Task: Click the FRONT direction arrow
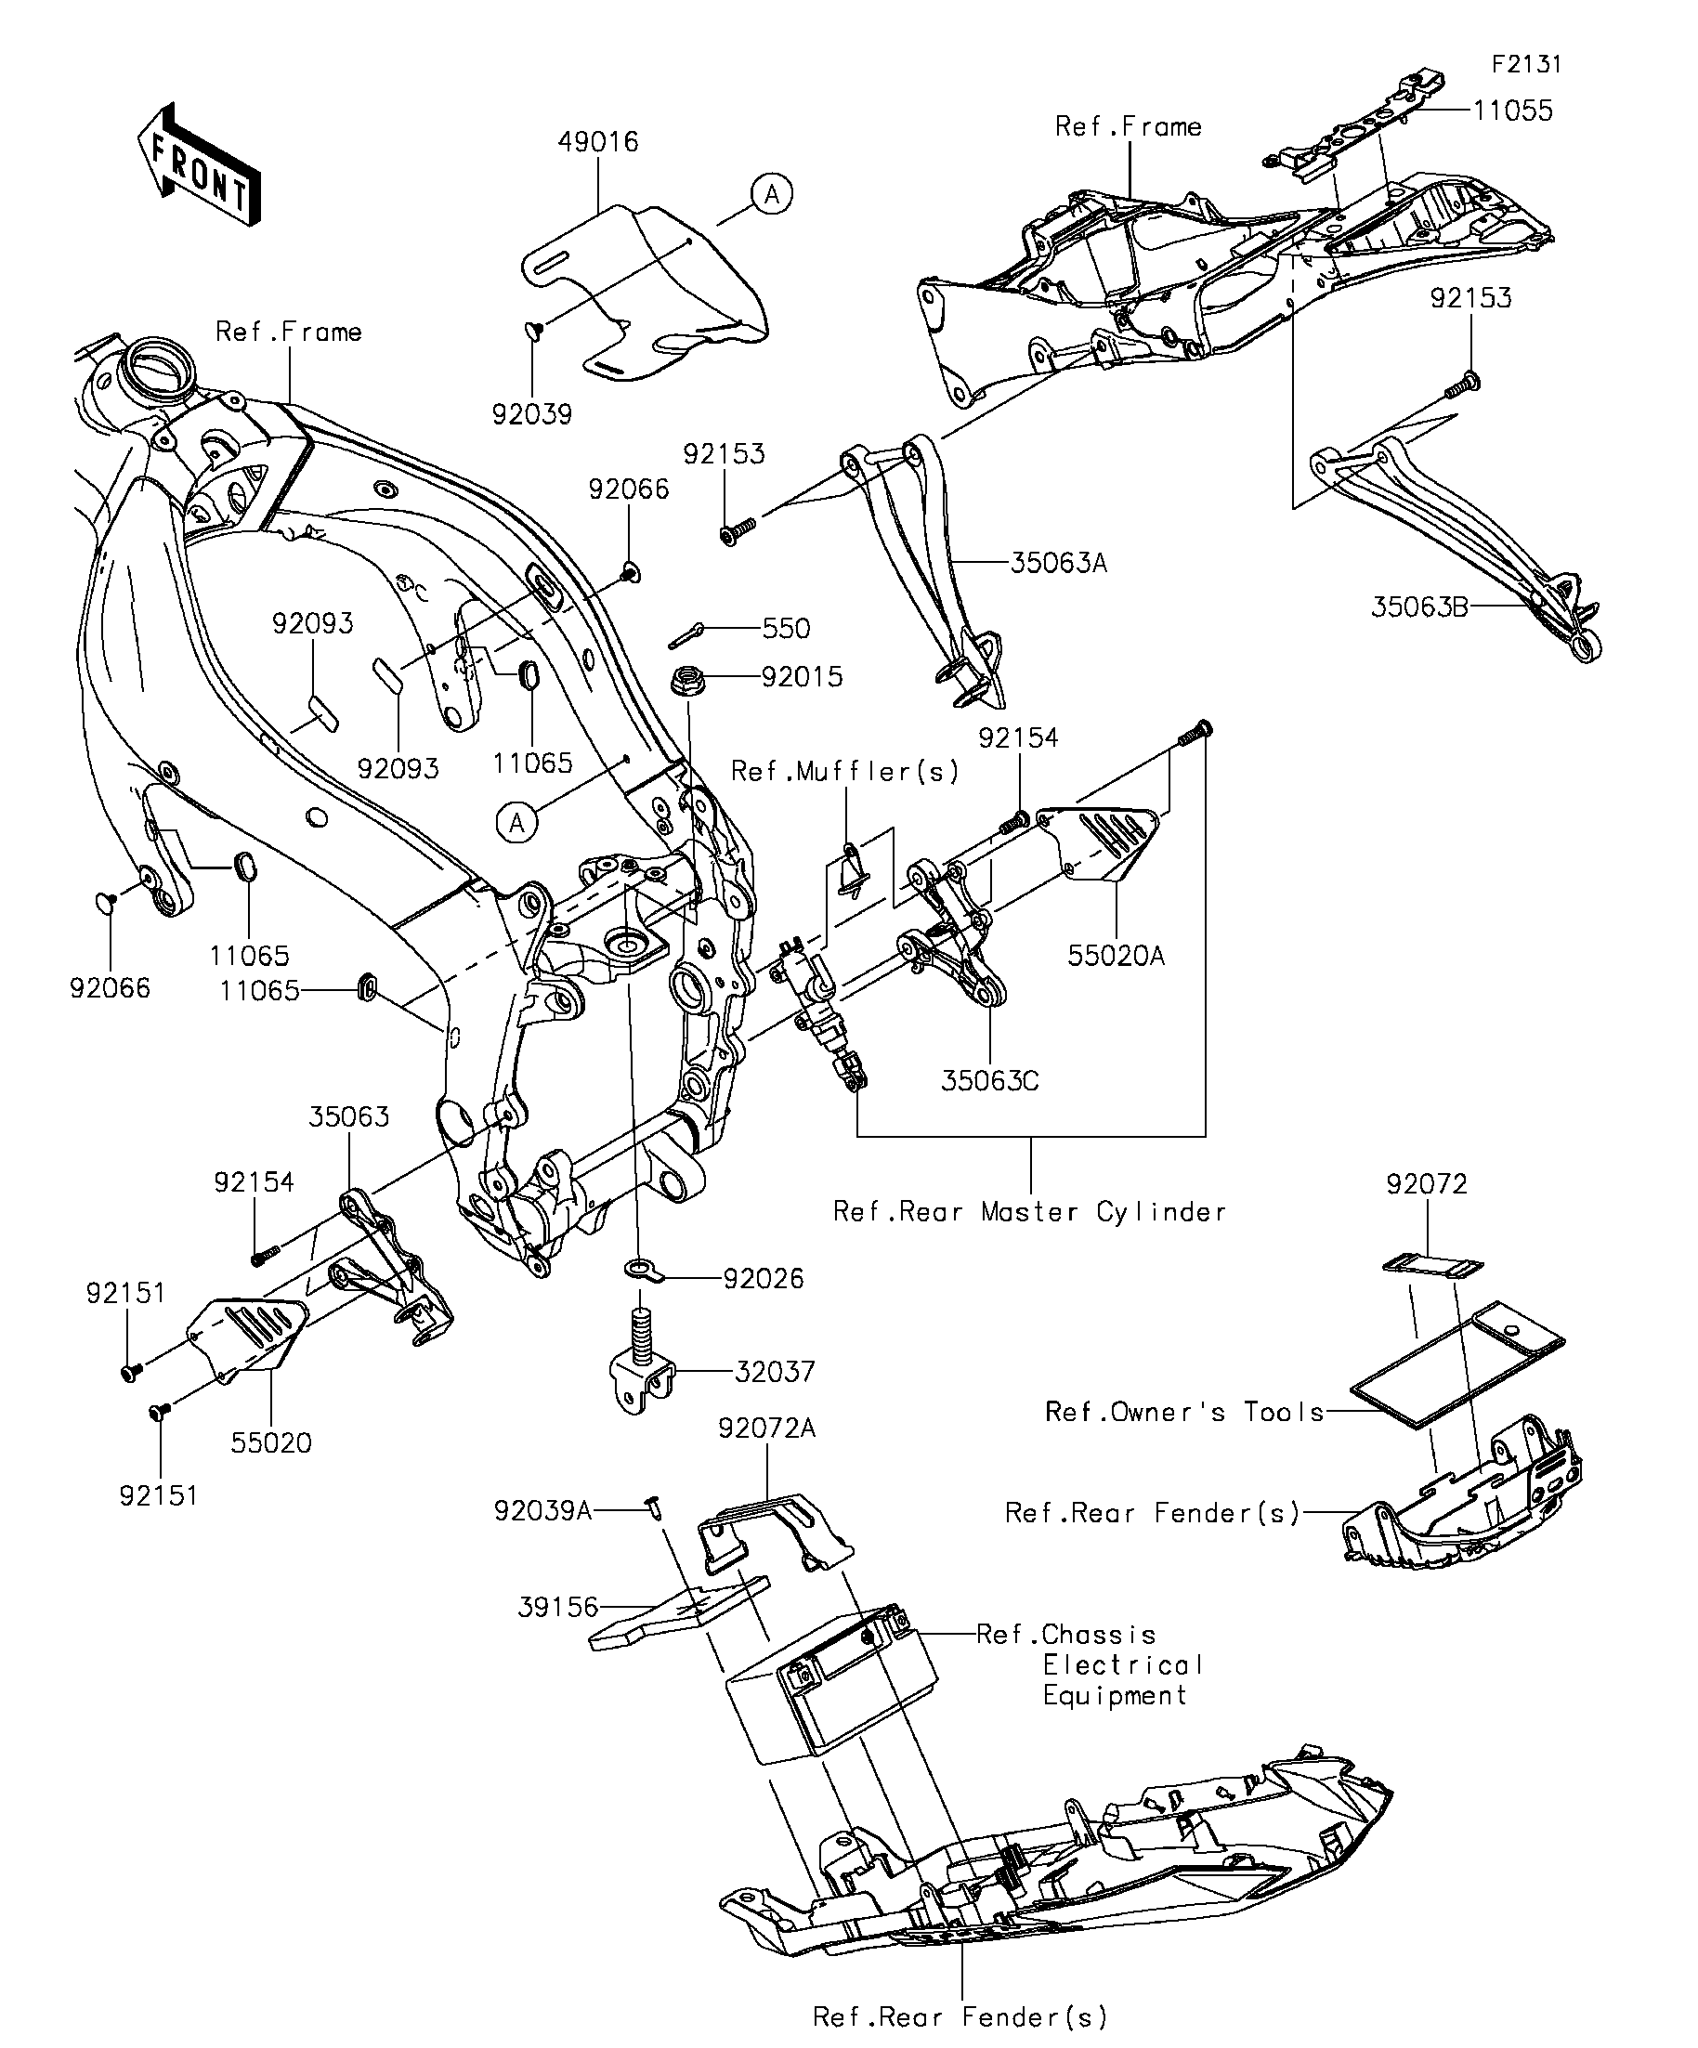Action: pyautogui.click(x=200, y=165)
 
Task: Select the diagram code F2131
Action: pyautogui.click(x=1526, y=64)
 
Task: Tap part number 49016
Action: pyautogui.click(x=598, y=142)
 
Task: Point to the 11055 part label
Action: pyautogui.click(x=1513, y=111)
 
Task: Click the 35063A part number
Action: pyautogui.click(x=1058, y=564)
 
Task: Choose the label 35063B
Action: pyautogui.click(x=1419, y=607)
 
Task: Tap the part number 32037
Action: pyautogui.click(x=775, y=1372)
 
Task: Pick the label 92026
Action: pyautogui.click(x=764, y=1279)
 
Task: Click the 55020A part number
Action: pyautogui.click(x=1116, y=956)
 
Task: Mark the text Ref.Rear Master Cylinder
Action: pyautogui.click(x=1030, y=1212)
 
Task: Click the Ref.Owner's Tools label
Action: pyautogui.click(x=1184, y=1412)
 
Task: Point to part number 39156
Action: pyautogui.click(x=557, y=1607)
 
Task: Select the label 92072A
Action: pyautogui.click(x=766, y=1428)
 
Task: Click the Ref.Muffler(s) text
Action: pyautogui.click(x=845, y=772)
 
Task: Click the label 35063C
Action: pyautogui.click(x=990, y=1080)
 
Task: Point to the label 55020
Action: pyautogui.click(x=271, y=1442)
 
